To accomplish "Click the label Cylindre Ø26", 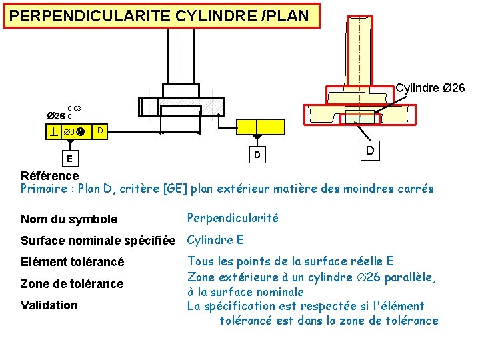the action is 430,88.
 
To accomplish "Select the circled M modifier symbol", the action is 81,132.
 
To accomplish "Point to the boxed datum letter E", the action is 69,159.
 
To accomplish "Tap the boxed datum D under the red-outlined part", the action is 369,152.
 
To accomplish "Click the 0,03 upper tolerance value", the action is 73,108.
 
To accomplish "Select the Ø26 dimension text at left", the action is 55,116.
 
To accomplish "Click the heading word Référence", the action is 49,176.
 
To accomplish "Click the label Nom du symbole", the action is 69,219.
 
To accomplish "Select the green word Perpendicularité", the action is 233,218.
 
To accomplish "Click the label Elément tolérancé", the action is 72,263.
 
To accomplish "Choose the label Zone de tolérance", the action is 72,284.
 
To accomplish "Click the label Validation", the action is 49,305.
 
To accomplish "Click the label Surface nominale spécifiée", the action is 98,241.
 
